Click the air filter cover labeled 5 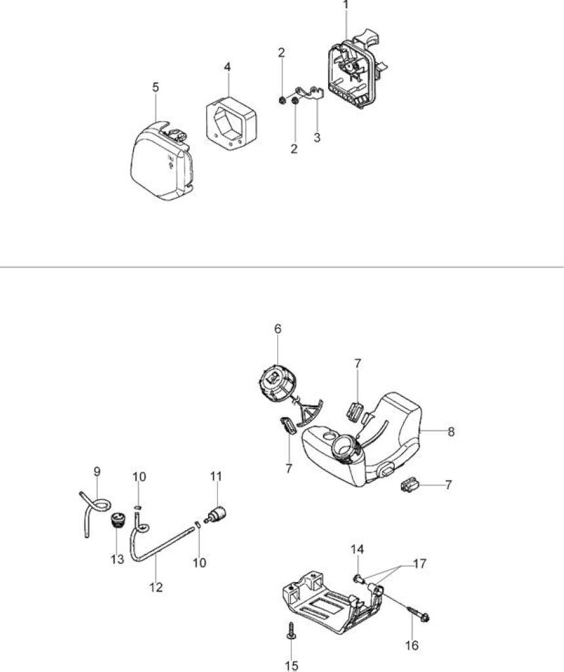(x=162, y=162)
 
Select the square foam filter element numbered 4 (x=230, y=121)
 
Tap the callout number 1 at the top (x=346, y=5)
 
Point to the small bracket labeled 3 (x=308, y=93)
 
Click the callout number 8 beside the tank (x=451, y=432)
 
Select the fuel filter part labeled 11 (x=216, y=514)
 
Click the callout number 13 (x=117, y=559)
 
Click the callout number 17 (x=420, y=564)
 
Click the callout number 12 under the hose (x=156, y=587)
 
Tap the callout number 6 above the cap (x=278, y=329)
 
